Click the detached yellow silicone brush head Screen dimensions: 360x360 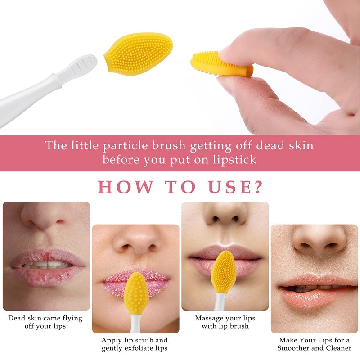coord(139,54)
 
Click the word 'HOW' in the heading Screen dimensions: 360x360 coord(126,187)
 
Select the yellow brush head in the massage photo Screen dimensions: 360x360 coord(223,272)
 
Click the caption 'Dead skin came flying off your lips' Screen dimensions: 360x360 coord(45,322)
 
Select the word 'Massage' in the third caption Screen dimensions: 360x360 coord(208,319)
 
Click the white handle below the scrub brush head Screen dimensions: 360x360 coord(135,324)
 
